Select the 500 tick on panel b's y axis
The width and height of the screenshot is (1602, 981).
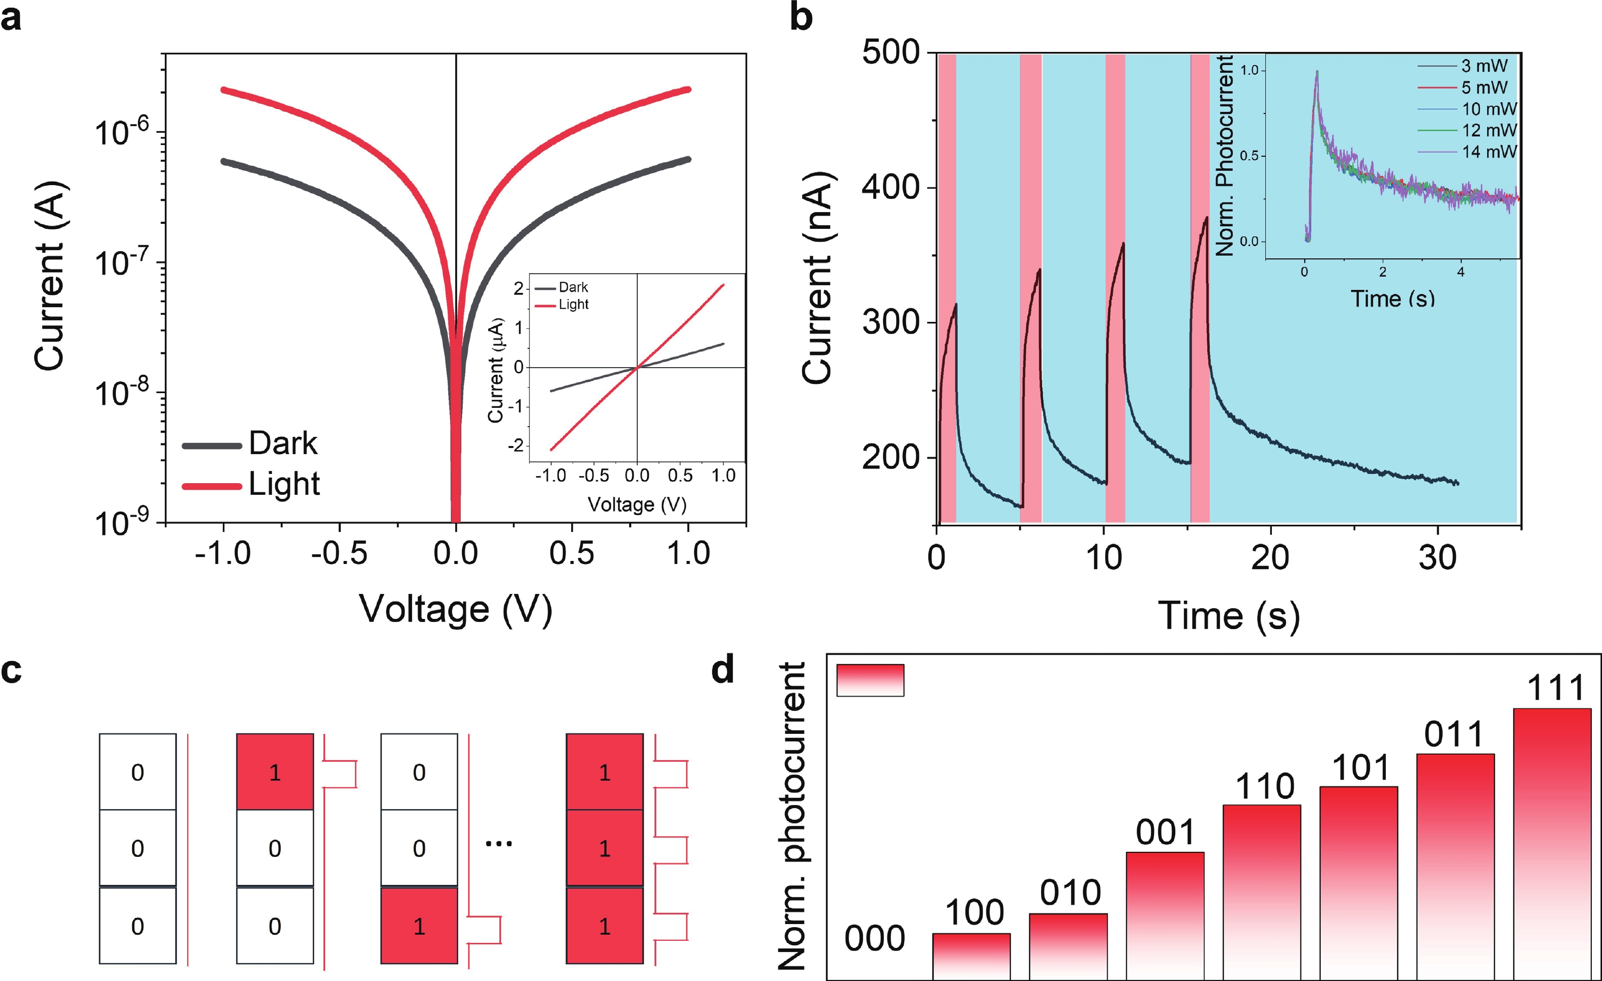point(891,52)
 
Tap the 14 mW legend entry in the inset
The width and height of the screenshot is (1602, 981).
point(1489,152)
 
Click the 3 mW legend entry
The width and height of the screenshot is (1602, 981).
point(1484,66)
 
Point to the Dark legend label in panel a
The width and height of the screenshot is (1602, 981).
point(283,444)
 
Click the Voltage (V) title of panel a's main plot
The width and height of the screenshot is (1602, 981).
point(456,610)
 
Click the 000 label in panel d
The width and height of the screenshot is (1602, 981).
point(874,939)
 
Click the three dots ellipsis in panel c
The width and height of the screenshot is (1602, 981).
point(499,844)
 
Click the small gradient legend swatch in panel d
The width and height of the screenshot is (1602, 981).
point(870,680)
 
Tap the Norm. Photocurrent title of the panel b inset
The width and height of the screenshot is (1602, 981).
point(1225,156)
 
